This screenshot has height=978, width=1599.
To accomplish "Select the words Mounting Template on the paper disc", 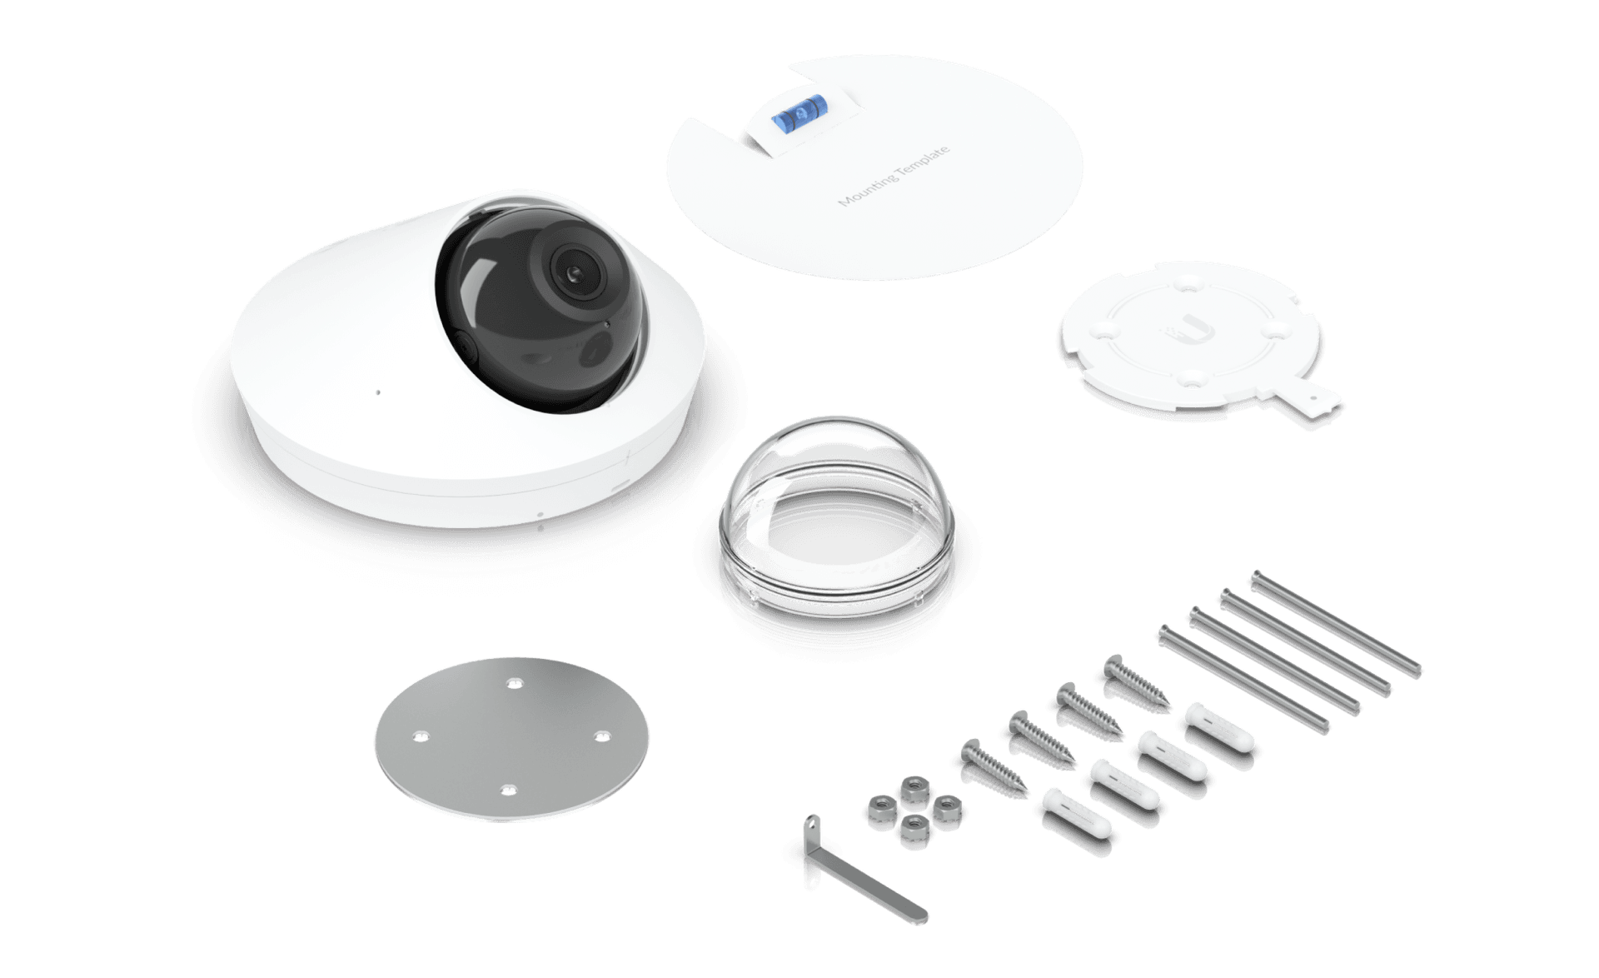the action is [x=893, y=177].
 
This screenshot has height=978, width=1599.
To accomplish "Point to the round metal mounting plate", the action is [x=511, y=739].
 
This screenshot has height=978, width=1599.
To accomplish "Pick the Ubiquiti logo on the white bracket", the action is [x=1188, y=330].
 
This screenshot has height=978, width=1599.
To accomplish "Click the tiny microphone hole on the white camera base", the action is [x=377, y=392].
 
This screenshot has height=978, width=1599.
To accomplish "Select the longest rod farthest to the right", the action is [x=1336, y=623].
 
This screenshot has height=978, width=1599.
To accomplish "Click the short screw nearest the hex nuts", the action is [x=993, y=765].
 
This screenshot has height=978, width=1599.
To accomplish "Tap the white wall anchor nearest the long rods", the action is [x=1218, y=727].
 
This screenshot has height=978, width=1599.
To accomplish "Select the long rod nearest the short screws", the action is [x=1243, y=679].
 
